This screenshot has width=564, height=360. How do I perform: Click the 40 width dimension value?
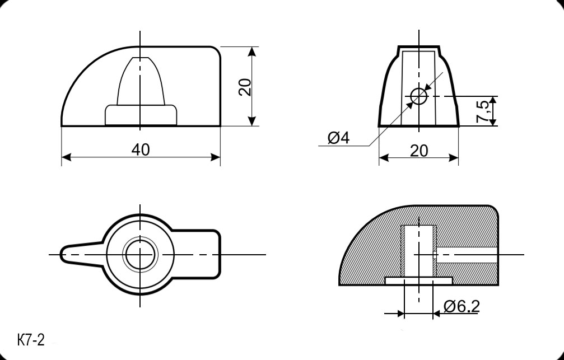[140, 149]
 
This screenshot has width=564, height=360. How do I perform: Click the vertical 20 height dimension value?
[245, 87]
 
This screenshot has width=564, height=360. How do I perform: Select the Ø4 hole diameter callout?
[338, 138]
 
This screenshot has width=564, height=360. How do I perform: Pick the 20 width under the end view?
[418, 151]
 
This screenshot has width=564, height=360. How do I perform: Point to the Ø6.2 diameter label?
[462, 306]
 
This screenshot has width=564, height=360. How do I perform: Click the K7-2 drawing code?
[31, 340]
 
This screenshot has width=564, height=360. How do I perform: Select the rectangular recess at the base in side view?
[141, 115]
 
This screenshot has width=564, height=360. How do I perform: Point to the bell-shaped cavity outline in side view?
[140, 81]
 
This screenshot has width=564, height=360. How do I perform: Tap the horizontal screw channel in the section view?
[468, 255]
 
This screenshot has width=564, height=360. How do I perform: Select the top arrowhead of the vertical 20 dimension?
[252, 51]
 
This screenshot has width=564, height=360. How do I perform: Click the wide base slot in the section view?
[419, 278]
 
